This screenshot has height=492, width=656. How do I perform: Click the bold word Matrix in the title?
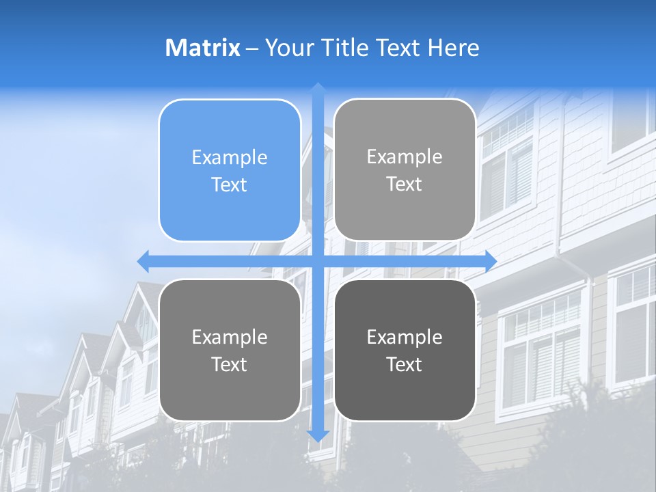coord(203,48)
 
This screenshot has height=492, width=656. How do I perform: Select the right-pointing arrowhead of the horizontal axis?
coord(490,261)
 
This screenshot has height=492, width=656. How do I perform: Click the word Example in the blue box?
coord(230,158)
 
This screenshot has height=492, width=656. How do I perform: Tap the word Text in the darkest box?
coord(405,364)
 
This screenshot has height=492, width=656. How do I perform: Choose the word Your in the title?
coord(286,48)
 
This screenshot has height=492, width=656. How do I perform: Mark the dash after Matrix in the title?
coord(252,49)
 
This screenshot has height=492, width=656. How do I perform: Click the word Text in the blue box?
coord(230,184)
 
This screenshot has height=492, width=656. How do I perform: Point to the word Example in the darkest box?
coord(405,337)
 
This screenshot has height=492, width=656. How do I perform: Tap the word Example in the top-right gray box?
coord(405,157)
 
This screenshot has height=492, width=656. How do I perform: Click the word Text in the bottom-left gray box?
coord(230,364)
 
